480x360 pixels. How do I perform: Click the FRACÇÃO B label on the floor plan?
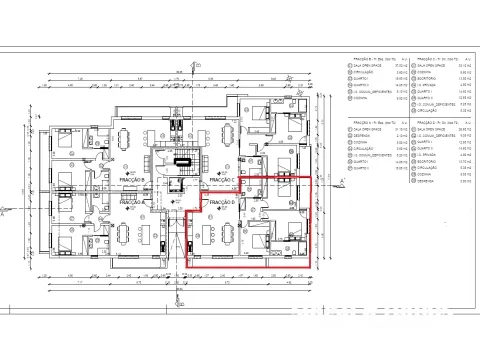click(x=133, y=180)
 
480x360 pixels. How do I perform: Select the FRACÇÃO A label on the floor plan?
click(x=133, y=202)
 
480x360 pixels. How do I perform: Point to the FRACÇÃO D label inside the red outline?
click(x=222, y=203)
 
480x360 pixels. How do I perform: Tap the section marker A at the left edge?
click(x=7, y=212)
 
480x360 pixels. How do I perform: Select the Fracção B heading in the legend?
click(x=357, y=59)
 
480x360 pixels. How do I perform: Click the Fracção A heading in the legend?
click(x=357, y=119)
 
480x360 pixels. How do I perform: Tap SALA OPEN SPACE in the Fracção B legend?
click(x=356, y=68)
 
